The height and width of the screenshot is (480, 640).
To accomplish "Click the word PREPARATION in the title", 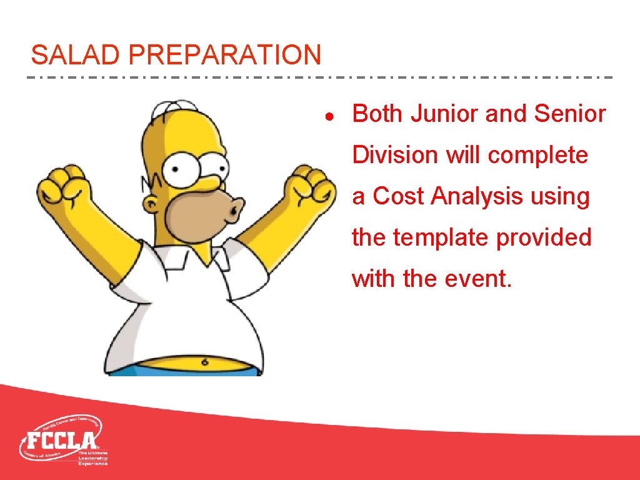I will pyautogui.click(x=224, y=55).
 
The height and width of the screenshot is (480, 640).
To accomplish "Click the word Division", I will pyautogui.click(x=396, y=155).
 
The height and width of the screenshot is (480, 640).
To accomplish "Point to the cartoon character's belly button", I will pyautogui.click(x=205, y=361).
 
